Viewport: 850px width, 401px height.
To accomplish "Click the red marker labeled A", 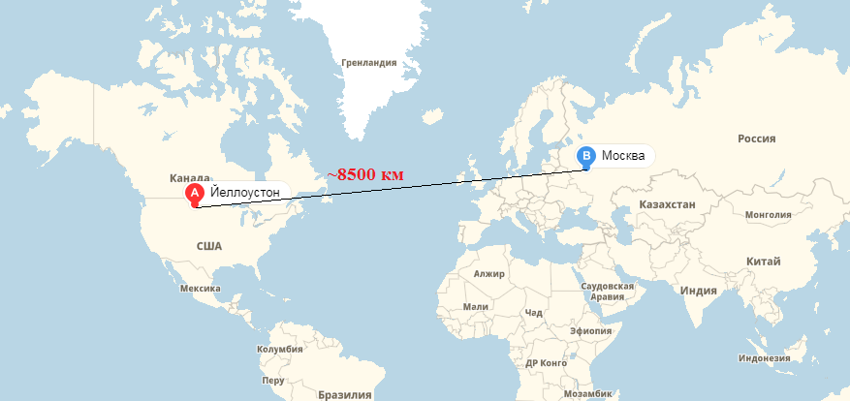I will pyautogui.click(x=194, y=195).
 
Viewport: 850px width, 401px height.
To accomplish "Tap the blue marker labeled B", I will pyautogui.click(x=586, y=156).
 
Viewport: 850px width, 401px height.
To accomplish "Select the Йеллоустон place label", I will pyautogui.click(x=244, y=193).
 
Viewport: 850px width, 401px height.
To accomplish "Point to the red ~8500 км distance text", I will pyautogui.click(x=364, y=174).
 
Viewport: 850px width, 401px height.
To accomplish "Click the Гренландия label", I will pyautogui.click(x=369, y=63).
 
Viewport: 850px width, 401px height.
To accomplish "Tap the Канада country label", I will pyautogui.click(x=190, y=178).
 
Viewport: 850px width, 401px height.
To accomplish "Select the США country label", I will pyautogui.click(x=209, y=246).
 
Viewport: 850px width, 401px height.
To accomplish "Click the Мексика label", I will pyautogui.click(x=201, y=288).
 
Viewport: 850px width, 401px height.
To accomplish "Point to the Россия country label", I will pyautogui.click(x=757, y=139).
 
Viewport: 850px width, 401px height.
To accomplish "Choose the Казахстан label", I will pyautogui.click(x=668, y=205).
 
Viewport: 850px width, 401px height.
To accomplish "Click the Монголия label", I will pyautogui.click(x=769, y=214).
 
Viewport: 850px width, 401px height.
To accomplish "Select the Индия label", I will pyautogui.click(x=699, y=291).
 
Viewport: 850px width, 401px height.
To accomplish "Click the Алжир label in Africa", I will pyautogui.click(x=488, y=274).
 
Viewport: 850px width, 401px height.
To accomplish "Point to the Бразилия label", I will pyautogui.click(x=345, y=394).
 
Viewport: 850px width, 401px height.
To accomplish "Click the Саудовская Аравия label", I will pyautogui.click(x=607, y=292).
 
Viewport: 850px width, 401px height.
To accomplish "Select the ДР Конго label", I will pyautogui.click(x=545, y=362).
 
